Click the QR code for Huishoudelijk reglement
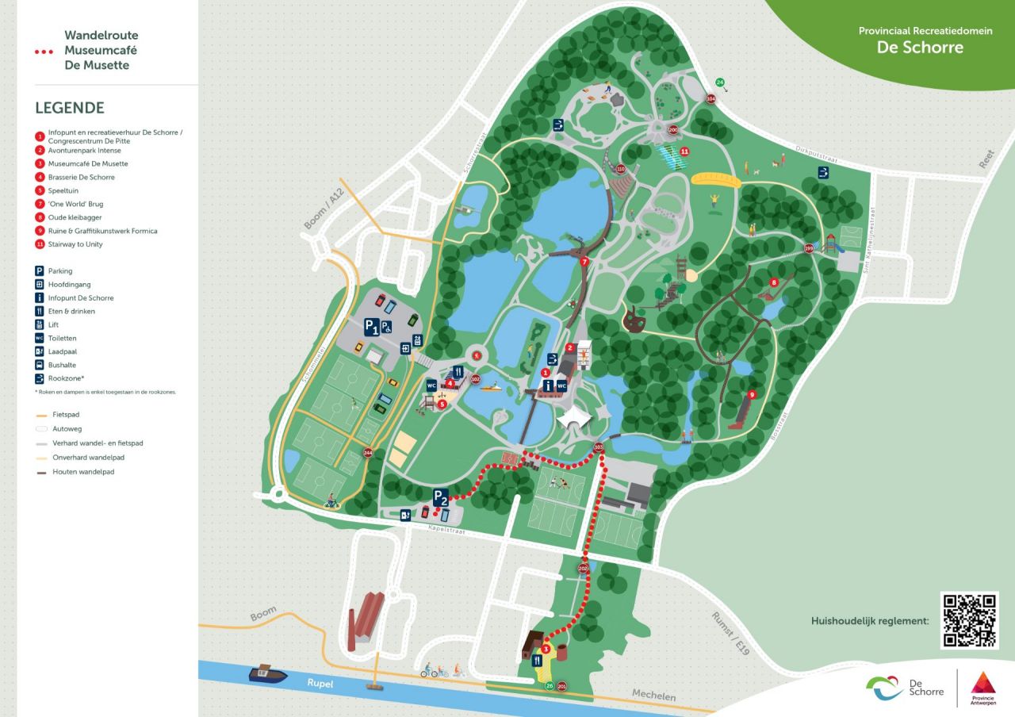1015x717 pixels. coord(968,620)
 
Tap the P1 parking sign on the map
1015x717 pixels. coord(371,326)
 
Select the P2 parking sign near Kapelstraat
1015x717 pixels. coord(441,498)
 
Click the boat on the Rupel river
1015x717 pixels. coord(268,673)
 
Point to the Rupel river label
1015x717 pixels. coord(321,683)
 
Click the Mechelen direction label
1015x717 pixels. coord(653,696)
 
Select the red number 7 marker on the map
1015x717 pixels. coord(584,261)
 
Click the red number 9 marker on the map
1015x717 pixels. coord(752,394)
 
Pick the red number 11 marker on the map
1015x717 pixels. coord(684,151)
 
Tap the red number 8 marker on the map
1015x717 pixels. coord(773,282)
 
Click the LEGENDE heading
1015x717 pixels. coord(70,109)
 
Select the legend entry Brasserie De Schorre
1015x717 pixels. coord(82,177)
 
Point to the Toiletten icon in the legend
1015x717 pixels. coord(40,338)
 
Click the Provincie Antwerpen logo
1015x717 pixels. coord(982,686)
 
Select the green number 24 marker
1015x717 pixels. coord(720,82)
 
